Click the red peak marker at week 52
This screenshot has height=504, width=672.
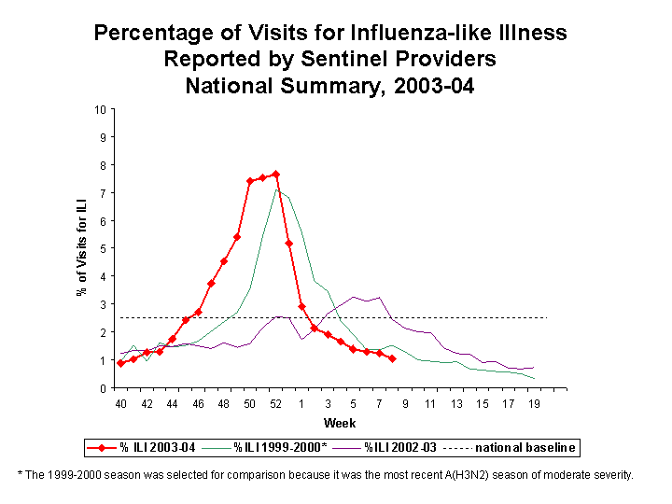275,175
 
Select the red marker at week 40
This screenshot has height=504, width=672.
120,363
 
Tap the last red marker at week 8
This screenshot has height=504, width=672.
392,358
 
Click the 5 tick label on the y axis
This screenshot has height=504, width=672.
102,248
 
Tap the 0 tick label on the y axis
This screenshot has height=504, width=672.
102,388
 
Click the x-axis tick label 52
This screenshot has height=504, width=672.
275,403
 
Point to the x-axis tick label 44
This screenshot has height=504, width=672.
172,403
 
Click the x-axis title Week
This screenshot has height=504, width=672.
334,423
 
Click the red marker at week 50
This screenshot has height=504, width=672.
250,181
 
